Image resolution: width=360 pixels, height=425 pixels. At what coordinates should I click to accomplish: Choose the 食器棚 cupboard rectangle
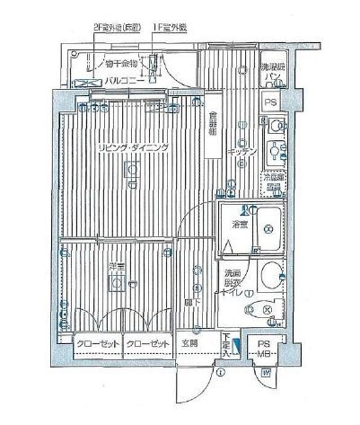point(212,129)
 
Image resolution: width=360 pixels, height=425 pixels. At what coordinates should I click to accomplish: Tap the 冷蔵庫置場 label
point(273,181)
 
